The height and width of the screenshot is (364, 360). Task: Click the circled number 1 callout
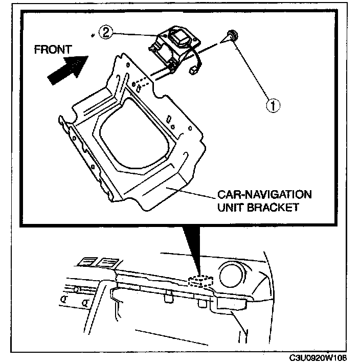(274, 105)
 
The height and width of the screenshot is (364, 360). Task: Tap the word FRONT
(53, 50)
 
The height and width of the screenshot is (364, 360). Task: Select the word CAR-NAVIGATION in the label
(264, 195)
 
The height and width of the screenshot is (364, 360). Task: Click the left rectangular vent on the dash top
(85, 263)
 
